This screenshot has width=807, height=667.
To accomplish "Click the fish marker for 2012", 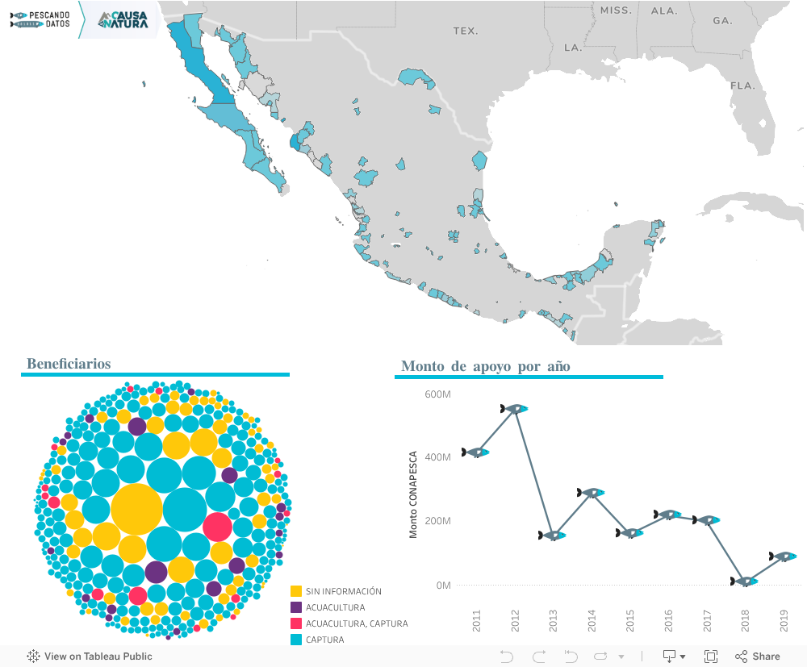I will [x=514, y=409].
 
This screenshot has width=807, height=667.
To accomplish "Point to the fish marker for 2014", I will [x=591, y=493].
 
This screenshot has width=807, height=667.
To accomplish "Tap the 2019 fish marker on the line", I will [x=783, y=557].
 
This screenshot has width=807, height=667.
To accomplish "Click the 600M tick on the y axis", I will [x=437, y=394].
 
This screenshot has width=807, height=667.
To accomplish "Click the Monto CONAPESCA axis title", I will [x=413, y=494].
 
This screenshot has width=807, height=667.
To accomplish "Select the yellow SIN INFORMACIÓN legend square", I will [x=296, y=591].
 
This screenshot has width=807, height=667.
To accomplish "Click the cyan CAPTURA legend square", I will [x=296, y=640].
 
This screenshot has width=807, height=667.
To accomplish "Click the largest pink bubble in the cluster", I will [x=217, y=526].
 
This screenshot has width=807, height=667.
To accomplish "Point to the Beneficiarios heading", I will [x=69, y=364].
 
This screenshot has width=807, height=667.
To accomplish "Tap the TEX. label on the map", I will [x=465, y=31].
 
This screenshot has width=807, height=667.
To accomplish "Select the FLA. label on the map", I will [x=742, y=85].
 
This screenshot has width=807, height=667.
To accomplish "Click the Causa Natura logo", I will [x=123, y=20].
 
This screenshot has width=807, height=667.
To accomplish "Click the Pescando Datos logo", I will [x=40, y=19].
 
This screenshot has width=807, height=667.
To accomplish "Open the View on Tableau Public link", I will [x=90, y=657].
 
